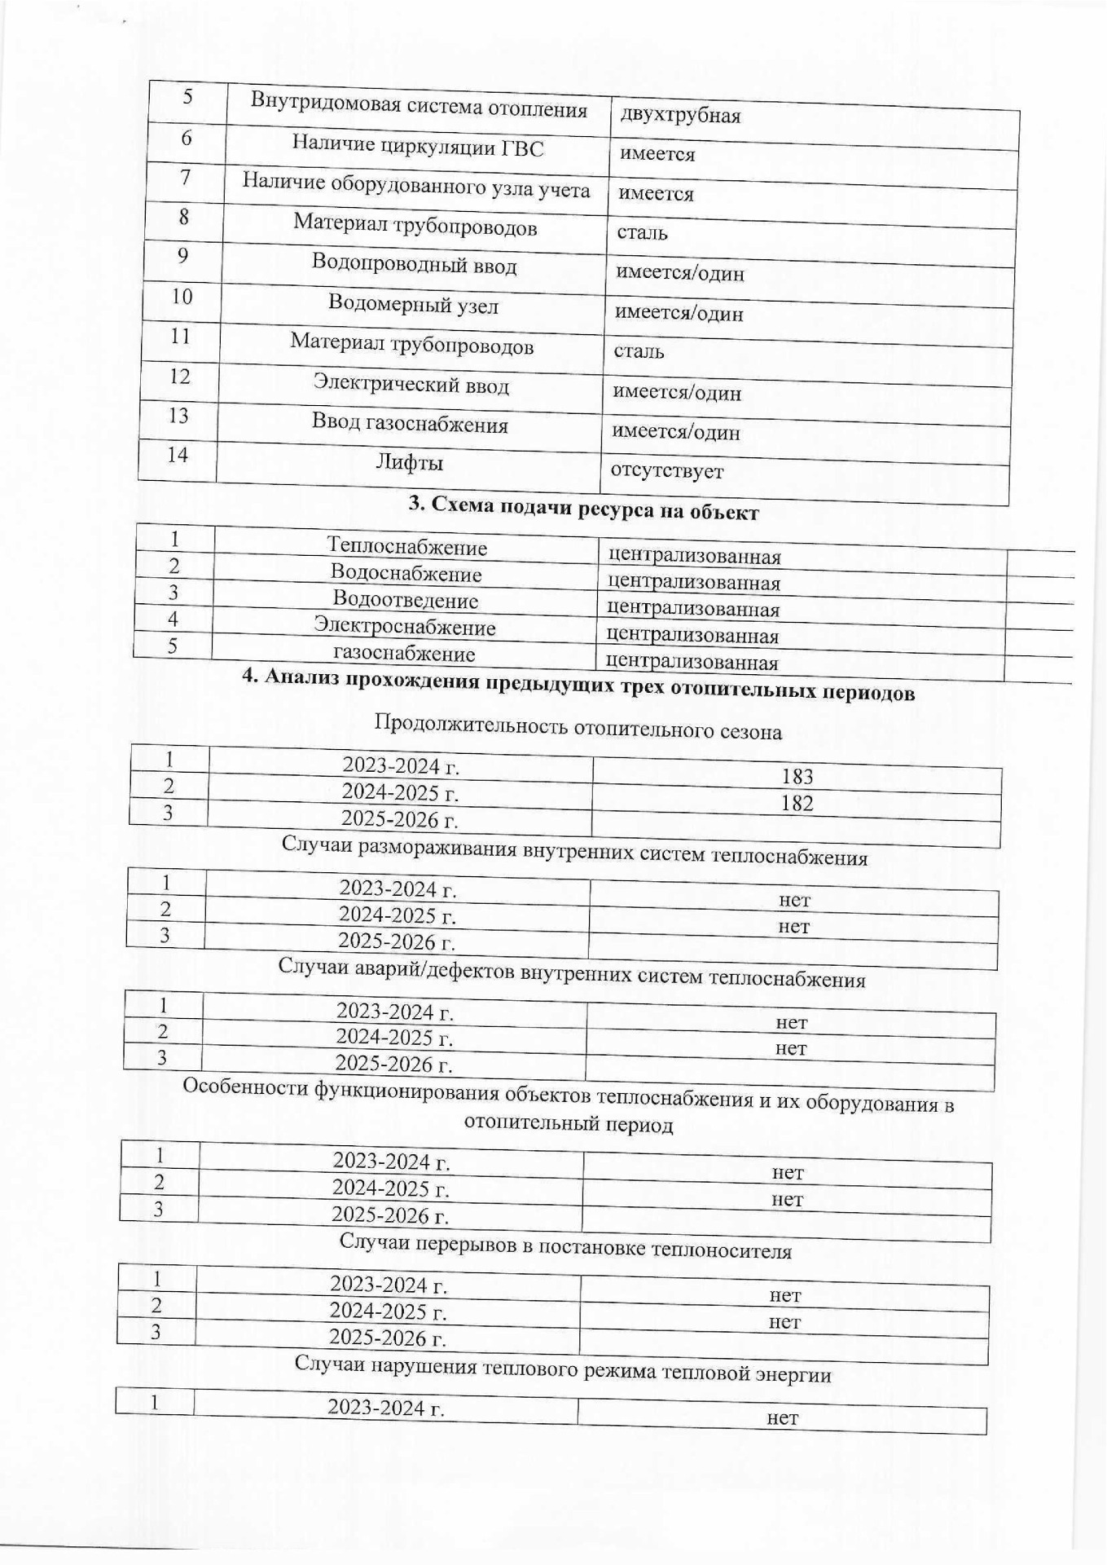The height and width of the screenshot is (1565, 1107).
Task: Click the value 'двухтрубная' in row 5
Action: coord(680,115)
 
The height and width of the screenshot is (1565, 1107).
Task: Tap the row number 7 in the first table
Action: coord(186,178)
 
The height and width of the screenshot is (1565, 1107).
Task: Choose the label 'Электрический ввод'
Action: coord(411,383)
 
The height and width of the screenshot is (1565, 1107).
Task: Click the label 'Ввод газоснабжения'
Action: coord(410,423)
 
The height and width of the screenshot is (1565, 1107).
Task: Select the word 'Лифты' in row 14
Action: coord(409,463)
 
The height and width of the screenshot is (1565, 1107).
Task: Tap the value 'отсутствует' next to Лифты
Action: coord(666,470)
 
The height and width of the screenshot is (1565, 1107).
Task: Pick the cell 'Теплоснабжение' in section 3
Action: coord(406,547)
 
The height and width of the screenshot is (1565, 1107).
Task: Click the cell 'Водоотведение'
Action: coord(405,601)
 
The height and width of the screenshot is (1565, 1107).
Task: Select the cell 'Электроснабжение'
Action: coord(405,627)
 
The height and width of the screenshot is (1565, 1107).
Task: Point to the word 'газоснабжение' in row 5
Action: coord(404,654)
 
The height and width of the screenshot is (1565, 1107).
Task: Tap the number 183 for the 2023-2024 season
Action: coord(796,777)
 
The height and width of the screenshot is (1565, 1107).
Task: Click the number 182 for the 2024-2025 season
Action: coord(796,803)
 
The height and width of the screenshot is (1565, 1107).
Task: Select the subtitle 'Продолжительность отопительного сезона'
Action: coord(578,726)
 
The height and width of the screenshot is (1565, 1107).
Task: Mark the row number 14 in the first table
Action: coord(178,455)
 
